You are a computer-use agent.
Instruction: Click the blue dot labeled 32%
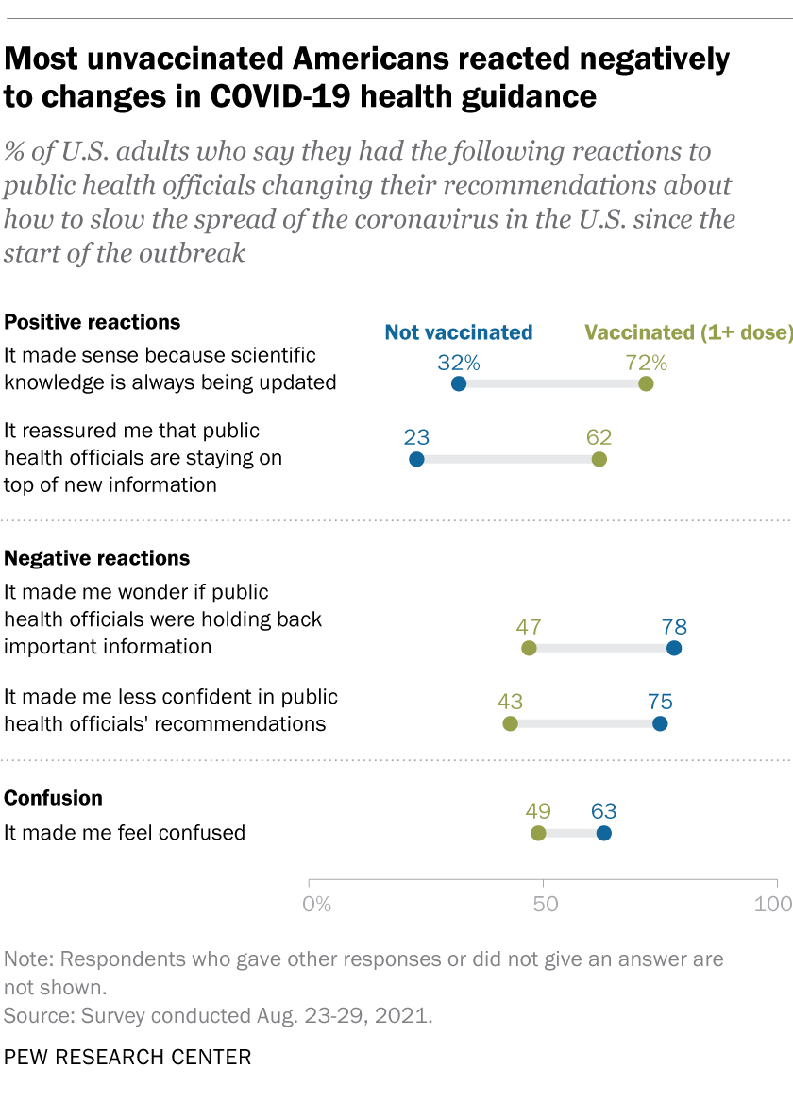459,383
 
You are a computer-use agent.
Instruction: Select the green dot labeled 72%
646,383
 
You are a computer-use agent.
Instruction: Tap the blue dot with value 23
416,459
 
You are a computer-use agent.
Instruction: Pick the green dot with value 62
599,459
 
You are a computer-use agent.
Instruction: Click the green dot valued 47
529,648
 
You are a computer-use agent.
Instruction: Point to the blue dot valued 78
673,648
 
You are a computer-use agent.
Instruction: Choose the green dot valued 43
510,724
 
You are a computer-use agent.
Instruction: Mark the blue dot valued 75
659,724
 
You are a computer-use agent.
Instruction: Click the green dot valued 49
538,833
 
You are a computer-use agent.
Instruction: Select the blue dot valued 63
603,833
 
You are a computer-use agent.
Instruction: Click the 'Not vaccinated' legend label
459,332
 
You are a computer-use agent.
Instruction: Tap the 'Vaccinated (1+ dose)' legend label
688,332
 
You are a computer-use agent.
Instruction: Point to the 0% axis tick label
317,904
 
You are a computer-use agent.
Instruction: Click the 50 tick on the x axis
545,904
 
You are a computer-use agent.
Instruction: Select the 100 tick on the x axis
773,904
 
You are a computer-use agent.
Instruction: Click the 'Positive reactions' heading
93,322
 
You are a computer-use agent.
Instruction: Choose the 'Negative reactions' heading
97,558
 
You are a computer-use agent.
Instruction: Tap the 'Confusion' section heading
54,798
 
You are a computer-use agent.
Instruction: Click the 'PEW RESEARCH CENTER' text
128,1056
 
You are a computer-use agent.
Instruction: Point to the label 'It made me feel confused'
125,833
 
